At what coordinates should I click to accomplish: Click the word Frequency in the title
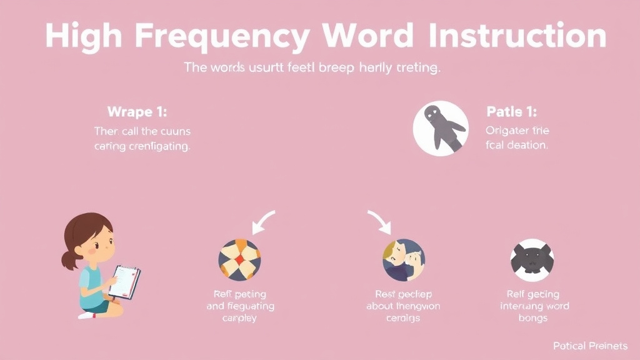(222, 37)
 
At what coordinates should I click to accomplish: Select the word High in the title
(83, 37)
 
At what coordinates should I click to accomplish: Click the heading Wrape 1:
(137, 112)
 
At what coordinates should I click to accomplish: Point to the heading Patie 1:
(511, 112)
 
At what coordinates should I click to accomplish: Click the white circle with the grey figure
(440, 127)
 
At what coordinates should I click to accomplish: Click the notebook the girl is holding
(124, 282)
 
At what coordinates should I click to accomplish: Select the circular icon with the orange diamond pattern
(239, 260)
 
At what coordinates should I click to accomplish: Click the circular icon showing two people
(403, 259)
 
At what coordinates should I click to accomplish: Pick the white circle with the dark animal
(532, 259)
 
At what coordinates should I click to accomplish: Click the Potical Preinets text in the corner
(590, 346)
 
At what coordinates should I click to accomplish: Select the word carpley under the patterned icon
(239, 318)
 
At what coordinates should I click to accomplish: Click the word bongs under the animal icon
(532, 318)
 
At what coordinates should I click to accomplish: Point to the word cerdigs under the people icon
(403, 318)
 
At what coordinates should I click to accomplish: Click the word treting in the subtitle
(418, 69)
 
